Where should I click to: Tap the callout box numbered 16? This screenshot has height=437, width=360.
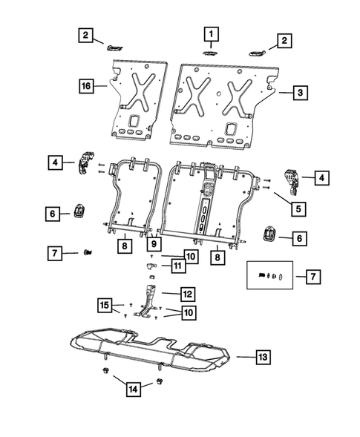point(86,87)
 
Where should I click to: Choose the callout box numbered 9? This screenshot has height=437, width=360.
point(154,243)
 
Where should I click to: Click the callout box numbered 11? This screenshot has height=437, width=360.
point(177,265)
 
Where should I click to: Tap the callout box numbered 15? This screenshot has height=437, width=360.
point(106,305)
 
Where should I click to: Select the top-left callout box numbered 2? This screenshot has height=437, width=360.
point(87,35)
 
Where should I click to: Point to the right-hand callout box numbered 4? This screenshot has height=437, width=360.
point(321,178)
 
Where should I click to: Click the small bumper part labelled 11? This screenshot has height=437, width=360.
point(150,264)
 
